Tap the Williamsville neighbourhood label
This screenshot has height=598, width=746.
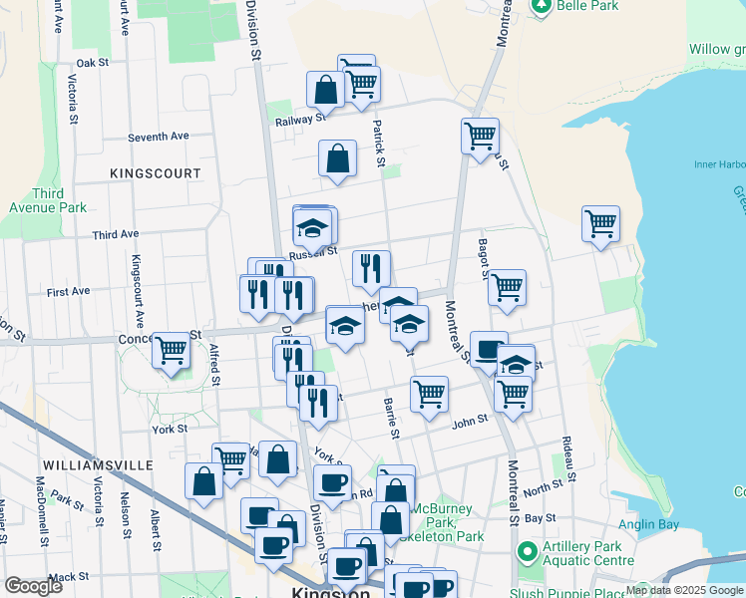[x=97, y=465]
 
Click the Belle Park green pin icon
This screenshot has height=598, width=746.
[x=541, y=6]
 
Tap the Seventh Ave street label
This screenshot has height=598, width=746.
[x=158, y=137]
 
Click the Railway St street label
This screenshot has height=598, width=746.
[x=300, y=119]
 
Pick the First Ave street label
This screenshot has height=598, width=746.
[x=68, y=291]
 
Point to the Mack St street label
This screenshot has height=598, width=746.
[x=68, y=577]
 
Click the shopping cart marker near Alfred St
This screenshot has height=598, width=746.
[x=172, y=351]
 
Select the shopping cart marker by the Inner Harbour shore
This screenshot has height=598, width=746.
[x=600, y=224]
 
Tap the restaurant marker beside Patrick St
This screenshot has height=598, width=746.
[x=371, y=268]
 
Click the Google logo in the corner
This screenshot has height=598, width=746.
[x=33, y=586]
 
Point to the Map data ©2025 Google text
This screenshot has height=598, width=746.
[x=684, y=590]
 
